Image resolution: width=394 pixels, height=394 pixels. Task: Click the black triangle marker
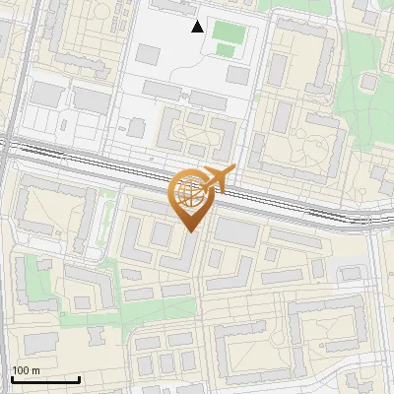point(198,27)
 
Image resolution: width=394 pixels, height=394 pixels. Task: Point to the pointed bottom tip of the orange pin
point(190,231)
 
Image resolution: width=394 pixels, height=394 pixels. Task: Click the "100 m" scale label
point(27,370)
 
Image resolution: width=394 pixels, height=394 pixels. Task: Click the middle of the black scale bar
point(46,379)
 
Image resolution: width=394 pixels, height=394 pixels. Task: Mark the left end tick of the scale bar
point(13,378)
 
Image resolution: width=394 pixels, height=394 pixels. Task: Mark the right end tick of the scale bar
point(79,378)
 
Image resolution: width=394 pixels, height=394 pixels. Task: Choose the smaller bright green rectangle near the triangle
point(226,49)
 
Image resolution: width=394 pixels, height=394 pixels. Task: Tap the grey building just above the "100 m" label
point(40,342)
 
